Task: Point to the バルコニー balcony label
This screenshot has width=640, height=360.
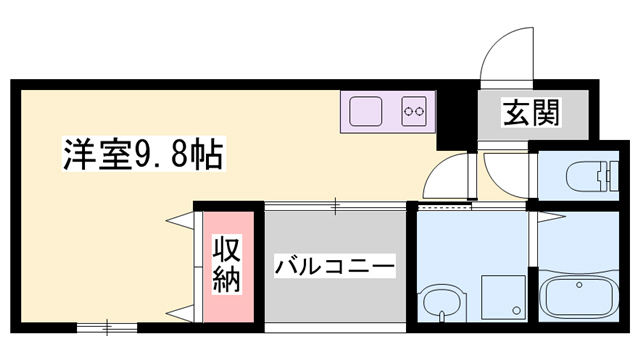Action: (x=336, y=266)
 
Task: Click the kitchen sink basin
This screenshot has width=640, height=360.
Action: (x=365, y=111)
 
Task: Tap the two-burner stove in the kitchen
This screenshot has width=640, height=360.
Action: (x=414, y=111)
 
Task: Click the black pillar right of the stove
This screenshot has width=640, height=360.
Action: (x=453, y=119)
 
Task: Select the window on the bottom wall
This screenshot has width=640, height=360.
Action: (x=106, y=326)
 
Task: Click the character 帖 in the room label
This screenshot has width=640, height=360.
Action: (x=208, y=156)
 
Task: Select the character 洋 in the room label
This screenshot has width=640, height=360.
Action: (x=77, y=156)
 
